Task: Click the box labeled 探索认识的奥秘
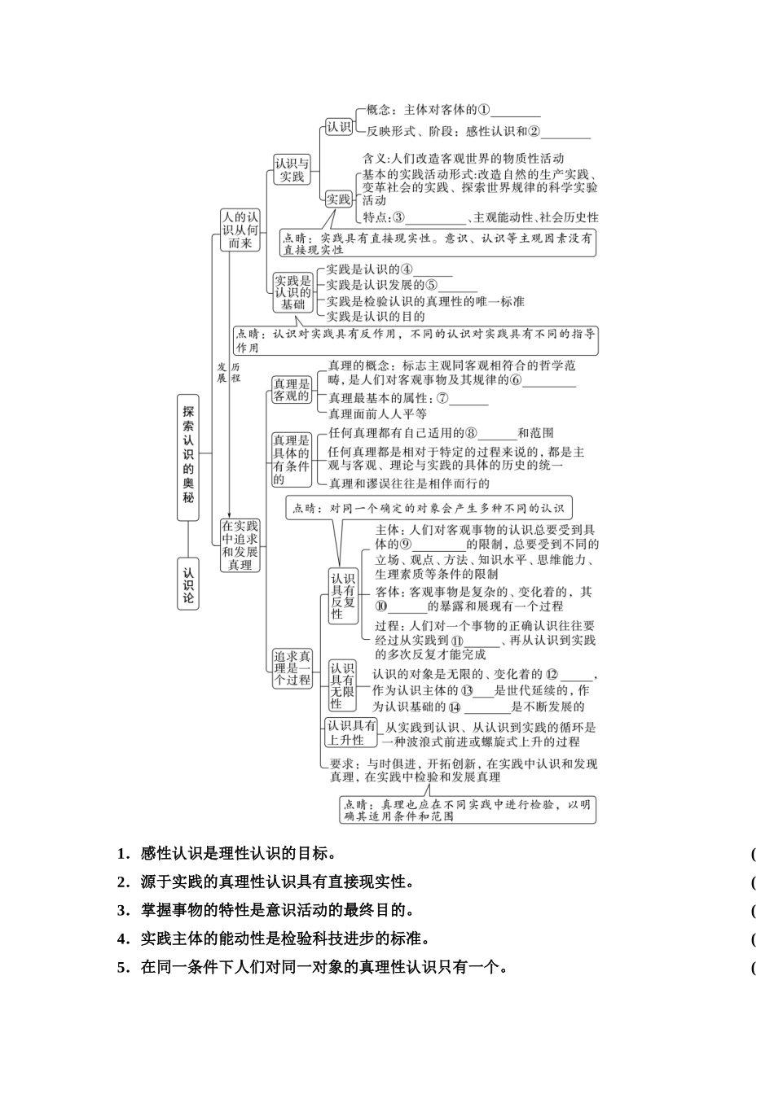(188, 452)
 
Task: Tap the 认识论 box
(188, 584)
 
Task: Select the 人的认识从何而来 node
(240, 230)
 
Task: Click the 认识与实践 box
(292, 169)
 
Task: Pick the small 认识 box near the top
(338, 127)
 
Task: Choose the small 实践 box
(338, 199)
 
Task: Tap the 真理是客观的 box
(291, 389)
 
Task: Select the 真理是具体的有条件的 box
(291, 459)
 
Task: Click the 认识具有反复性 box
(343, 596)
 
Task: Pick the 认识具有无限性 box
(342, 685)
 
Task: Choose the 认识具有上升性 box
(351, 733)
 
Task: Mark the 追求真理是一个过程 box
(292, 667)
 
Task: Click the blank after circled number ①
(516, 112)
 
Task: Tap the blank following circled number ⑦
(468, 400)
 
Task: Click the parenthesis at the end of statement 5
(754, 968)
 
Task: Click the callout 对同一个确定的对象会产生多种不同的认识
(429, 508)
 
